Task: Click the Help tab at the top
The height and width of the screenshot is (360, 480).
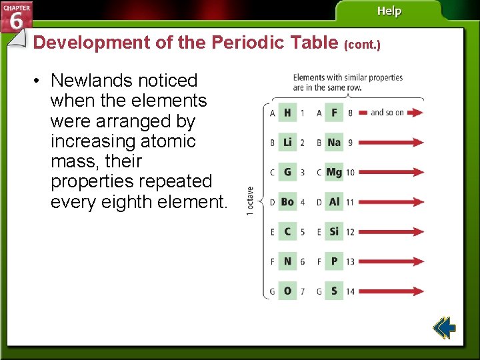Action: (389, 11)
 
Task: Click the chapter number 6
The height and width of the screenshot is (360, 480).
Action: (16, 21)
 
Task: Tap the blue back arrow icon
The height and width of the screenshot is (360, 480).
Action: (443, 328)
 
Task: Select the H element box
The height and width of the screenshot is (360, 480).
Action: (287, 113)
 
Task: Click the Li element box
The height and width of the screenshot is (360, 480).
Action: (287, 143)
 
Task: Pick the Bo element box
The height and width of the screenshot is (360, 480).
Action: (287, 202)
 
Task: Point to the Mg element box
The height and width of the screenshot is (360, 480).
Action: (334, 172)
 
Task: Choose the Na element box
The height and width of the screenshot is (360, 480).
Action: (334, 143)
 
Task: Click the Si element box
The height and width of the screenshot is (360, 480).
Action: (334, 231)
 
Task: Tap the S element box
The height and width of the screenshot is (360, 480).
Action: (334, 291)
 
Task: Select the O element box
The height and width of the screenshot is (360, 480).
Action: (287, 291)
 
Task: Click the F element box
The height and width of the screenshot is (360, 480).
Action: (334, 113)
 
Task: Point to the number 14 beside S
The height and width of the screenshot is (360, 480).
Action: (350, 291)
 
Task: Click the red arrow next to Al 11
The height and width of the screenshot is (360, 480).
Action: (391, 202)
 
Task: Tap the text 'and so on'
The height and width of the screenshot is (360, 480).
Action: (387, 113)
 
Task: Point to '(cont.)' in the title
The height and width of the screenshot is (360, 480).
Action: (362, 45)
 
